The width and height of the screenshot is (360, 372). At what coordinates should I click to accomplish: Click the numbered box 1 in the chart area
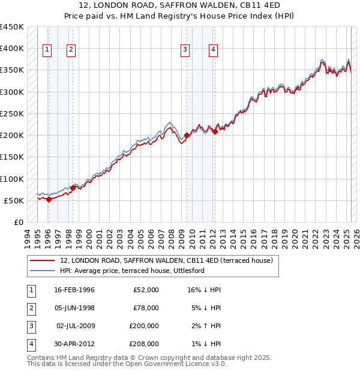coord(47,50)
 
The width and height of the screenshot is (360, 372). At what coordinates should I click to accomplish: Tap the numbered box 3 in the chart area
coord(185,50)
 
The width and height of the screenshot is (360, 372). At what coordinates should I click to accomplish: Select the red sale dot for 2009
coord(187,136)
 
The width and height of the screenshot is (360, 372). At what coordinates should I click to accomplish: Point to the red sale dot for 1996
coord(49,200)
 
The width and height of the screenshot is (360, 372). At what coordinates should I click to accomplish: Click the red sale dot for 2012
coord(215,132)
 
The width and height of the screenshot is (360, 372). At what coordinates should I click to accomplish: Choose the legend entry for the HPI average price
coord(132,271)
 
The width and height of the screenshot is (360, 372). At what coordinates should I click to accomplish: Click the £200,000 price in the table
coord(144,326)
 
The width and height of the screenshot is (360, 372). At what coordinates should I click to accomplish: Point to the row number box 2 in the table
coord(30,308)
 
